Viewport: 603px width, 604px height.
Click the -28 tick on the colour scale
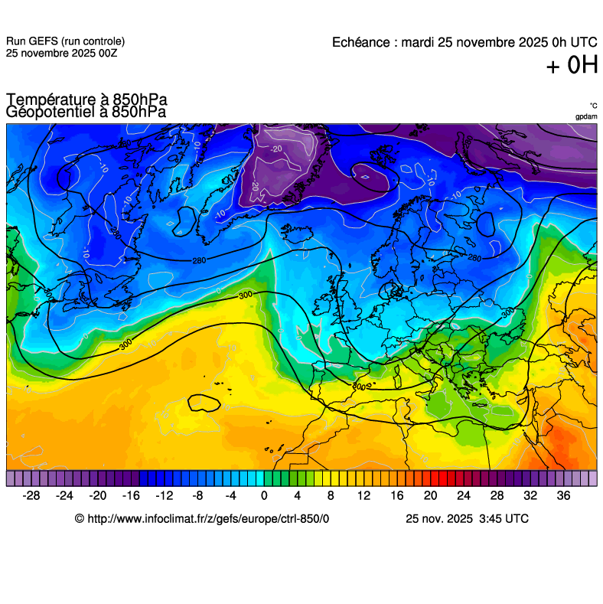31,495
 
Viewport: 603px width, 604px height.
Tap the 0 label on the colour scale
264,495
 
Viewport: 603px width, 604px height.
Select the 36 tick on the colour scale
563,495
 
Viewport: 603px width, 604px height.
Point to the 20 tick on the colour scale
430,495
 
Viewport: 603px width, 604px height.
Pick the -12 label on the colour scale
165,495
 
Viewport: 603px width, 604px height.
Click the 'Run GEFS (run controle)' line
65,41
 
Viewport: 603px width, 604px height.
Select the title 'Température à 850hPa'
86,100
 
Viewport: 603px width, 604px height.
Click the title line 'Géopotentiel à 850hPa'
86,112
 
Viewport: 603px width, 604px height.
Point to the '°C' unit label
593,106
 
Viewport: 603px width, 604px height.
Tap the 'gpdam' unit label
586,116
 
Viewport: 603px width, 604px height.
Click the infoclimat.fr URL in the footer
202,518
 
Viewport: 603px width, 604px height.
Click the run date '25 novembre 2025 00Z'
61,53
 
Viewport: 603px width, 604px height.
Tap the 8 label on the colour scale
331,495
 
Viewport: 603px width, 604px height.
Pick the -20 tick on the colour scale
98,495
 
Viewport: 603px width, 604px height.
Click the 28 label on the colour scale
497,495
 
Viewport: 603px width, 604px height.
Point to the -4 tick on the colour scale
231,495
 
